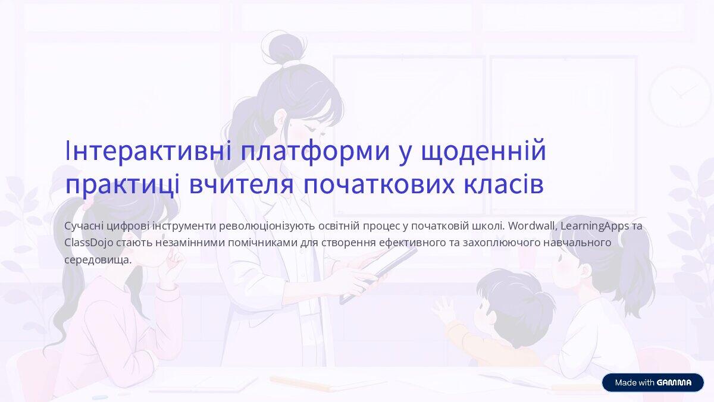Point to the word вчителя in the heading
click(x=242, y=184)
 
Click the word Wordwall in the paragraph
click(x=533, y=227)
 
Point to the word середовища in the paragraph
click(x=97, y=260)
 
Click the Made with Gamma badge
click(x=653, y=382)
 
